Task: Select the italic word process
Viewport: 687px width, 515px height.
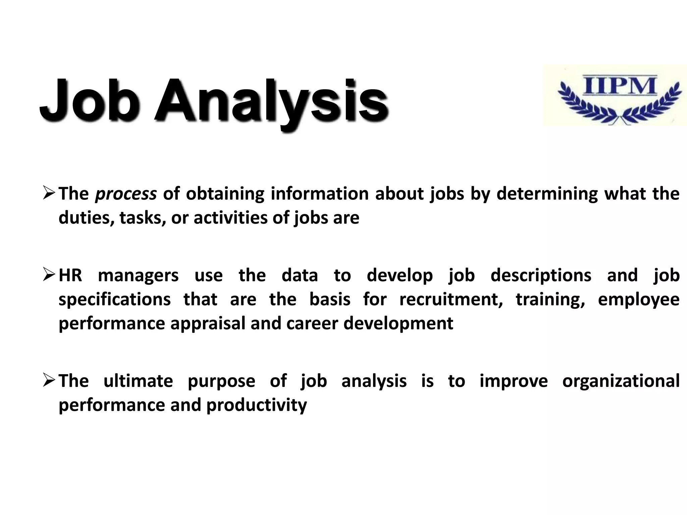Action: coord(126,194)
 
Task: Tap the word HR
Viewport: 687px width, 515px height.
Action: coord(70,275)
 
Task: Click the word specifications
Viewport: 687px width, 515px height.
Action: coord(114,300)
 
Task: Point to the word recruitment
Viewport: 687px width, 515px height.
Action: coord(451,299)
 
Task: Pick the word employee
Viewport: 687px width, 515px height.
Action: coord(639,300)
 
